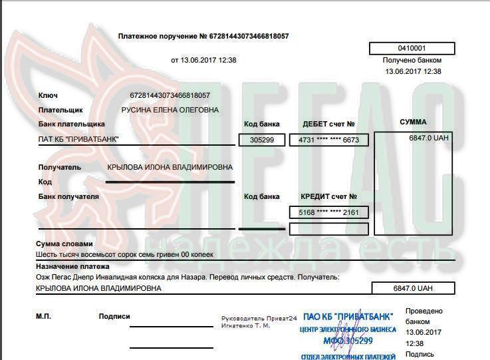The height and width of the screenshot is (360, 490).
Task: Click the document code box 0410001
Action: coord(412,48)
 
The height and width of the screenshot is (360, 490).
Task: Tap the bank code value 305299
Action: coord(261,140)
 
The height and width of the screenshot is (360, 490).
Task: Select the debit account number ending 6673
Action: coord(328,140)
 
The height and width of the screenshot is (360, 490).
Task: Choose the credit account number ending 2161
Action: coord(328,212)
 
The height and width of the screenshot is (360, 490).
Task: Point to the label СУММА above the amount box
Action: coord(413,122)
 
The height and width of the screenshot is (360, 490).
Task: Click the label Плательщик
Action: coord(61,110)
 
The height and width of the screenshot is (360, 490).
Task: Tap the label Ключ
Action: coord(48,95)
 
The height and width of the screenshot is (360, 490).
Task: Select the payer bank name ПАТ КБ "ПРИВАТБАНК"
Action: coord(79,140)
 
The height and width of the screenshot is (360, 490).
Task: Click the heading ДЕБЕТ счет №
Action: coord(328,124)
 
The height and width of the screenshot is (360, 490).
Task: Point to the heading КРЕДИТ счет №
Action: coord(329,196)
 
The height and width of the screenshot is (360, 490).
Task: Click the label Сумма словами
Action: coord(64,244)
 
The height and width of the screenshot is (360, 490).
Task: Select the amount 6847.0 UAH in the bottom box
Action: coord(412,289)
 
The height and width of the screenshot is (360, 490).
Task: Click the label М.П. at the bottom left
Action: coord(43,316)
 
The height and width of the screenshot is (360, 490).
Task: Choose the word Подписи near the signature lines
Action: coord(114,317)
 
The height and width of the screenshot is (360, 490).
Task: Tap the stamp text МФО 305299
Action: coord(348,341)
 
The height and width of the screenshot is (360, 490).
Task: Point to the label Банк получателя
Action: coord(68,196)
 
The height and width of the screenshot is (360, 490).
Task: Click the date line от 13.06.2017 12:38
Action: coord(203,60)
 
